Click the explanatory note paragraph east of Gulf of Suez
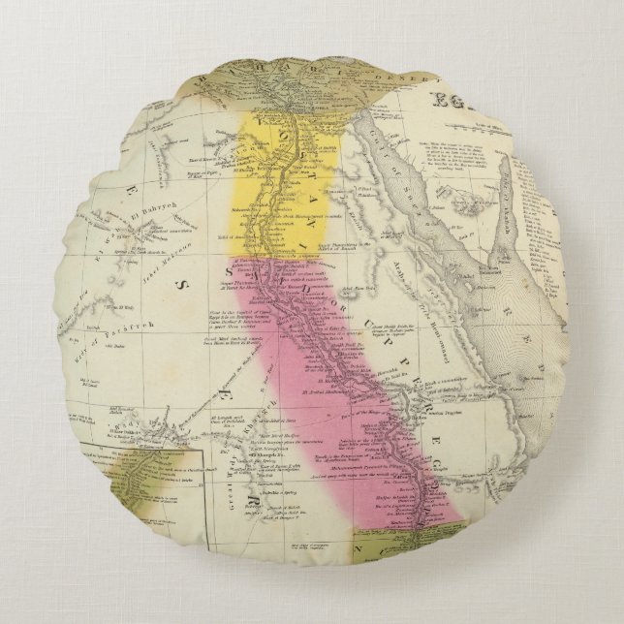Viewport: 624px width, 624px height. tap(442, 146)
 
